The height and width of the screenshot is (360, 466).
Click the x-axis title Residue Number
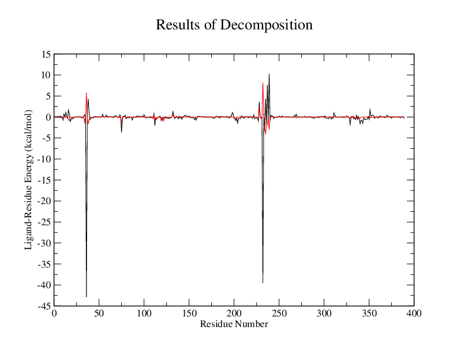(x=234, y=324)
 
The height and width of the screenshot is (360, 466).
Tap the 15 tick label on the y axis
(x=45, y=54)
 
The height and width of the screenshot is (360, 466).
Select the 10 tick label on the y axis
(x=45, y=75)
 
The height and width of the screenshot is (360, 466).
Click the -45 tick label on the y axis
(x=44, y=306)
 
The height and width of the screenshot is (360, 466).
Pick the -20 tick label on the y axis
(x=44, y=201)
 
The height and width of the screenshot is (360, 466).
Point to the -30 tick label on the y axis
(x=44, y=243)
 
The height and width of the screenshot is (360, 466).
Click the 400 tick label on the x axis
(x=414, y=315)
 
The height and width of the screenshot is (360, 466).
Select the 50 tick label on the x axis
(x=99, y=315)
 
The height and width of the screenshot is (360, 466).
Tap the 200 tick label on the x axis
(x=234, y=315)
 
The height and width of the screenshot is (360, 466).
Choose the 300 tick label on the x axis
(x=324, y=315)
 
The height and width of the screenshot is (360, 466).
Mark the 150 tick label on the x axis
(x=189, y=315)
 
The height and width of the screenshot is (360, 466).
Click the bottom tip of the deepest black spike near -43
(x=86, y=296)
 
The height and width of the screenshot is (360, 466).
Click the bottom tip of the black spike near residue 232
(x=263, y=283)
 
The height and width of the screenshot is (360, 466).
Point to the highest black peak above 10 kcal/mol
(x=269, y=74)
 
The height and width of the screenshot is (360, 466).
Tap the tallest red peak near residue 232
(x=263, y=83)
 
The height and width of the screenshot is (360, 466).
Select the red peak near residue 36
(x=86, y=93)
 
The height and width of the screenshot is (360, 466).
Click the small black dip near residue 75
(x=122, y=132)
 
